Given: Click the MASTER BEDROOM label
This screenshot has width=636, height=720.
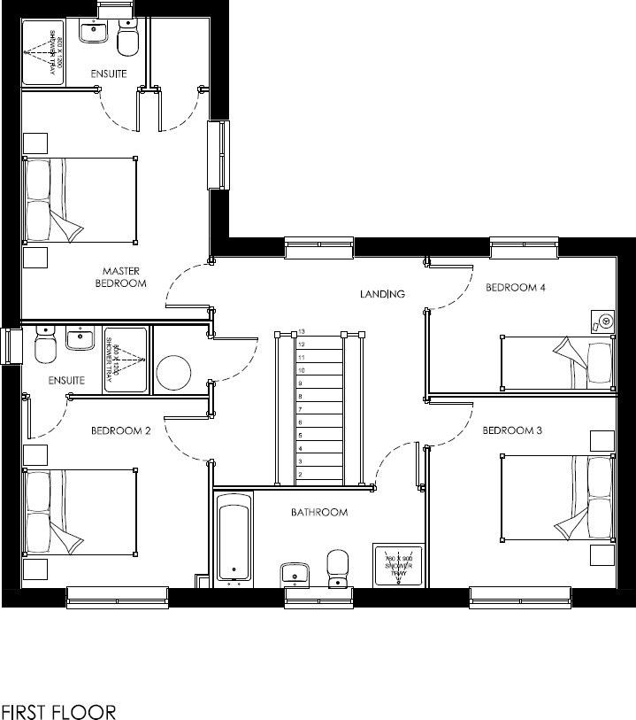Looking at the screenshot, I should pos(122,277).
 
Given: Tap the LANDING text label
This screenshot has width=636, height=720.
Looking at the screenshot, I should pos(381,293).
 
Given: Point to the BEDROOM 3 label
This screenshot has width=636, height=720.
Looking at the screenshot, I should pos(511,430).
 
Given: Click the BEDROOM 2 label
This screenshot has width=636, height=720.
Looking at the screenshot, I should pos(121,431).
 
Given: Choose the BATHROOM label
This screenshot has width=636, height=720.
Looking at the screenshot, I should pos(319,512).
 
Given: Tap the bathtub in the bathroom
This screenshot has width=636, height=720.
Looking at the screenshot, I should pos(234,541).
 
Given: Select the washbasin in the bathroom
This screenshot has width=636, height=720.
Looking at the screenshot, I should pos(294,573).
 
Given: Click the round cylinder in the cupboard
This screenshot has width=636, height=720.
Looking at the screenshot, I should pos(175,372).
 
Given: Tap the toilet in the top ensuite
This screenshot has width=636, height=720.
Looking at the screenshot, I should pos(128,40).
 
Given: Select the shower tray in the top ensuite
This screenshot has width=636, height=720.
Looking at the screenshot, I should pos(42,53).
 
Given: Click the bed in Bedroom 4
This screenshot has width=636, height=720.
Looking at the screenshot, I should pos(557,362).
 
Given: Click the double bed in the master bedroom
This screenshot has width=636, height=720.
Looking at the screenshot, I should pos(80,200).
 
